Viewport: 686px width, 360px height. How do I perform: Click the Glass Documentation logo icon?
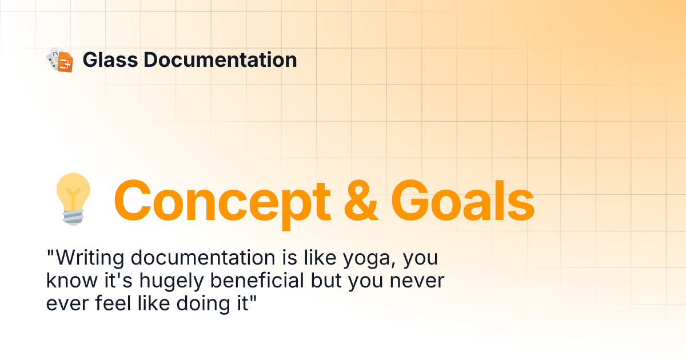click(60, 59)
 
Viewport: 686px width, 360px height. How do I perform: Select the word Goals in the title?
click(463, 200)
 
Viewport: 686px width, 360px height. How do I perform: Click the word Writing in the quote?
click(89, 259)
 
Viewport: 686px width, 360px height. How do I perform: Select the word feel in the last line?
click(106, 303)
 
